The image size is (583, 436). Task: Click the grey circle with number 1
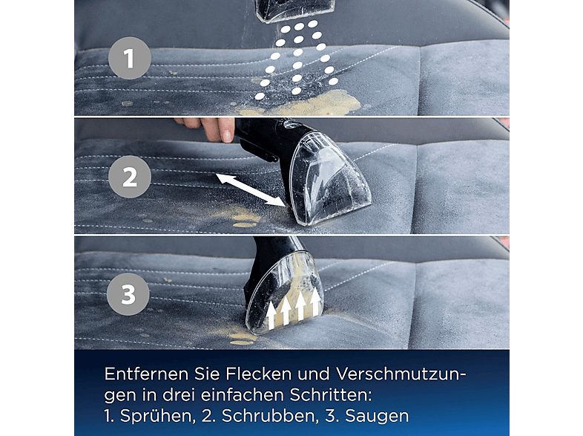point(130,58)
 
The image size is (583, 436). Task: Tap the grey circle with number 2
point(130,177)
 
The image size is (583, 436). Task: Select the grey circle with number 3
point(128,294)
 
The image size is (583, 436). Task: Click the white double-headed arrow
point(251,189)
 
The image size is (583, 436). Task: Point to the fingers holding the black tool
point(210,128)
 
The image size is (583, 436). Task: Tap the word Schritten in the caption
point(331,395)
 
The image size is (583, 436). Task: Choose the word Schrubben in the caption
point(268,416)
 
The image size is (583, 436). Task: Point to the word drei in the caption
point(175,395)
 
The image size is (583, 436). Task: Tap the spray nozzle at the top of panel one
point(295,10)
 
